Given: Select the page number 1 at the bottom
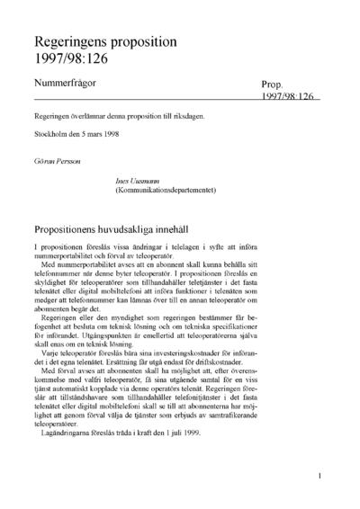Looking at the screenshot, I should click(320, 476).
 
